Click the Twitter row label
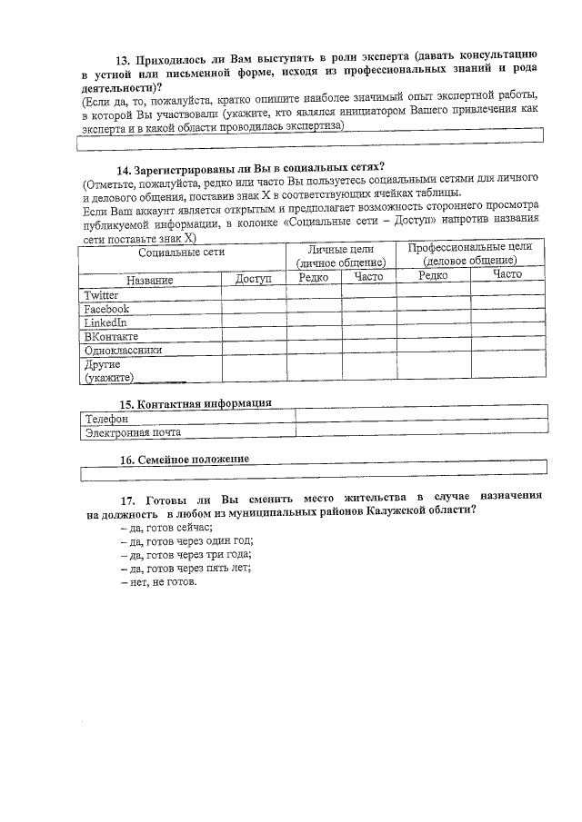point(101,296)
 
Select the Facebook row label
point(106,310)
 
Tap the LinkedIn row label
point(105,322)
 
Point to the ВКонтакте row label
point(111,336)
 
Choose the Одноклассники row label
point(123,350)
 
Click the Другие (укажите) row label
point(109,371)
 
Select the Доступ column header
point(254,280)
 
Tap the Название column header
point(150,280)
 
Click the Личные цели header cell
point(341,254)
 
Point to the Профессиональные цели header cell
point(470,253)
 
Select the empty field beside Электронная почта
point(422,433)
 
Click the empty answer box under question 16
point(314,472)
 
